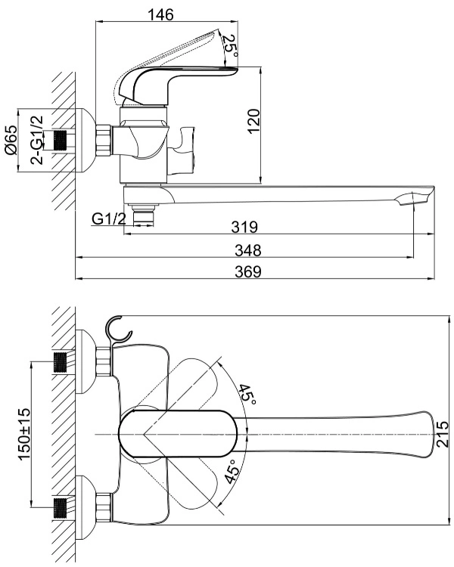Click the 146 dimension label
(x=160, y=14)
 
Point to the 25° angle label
(x=230, y=46)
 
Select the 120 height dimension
(x=254, y=121)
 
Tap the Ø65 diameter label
(x=11, y=140)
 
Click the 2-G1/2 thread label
(x=36, y=140)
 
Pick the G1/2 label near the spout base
(x=109, y=218)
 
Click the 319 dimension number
(x=244, y=227)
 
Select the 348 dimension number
(x=247, y=250)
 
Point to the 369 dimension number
(x=247, y=271)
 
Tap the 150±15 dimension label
(x=25, y=434)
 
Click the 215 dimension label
(x=442, y=434)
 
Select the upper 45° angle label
(x=247, y=395)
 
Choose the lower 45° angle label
(x=232, y=471)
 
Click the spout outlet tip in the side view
(x=416, y=197)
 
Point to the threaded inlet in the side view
(x=61, y=141)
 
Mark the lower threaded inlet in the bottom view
(x=61, y=509)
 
